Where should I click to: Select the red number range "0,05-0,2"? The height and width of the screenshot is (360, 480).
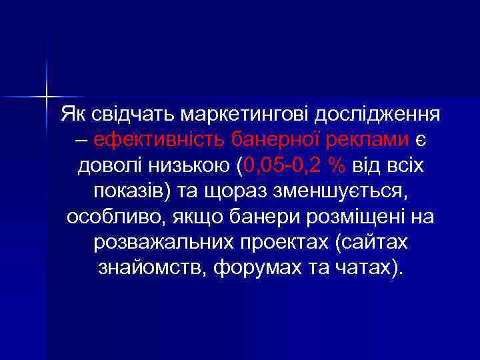point(277,165)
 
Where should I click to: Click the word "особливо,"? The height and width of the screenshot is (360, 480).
point(115,217)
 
